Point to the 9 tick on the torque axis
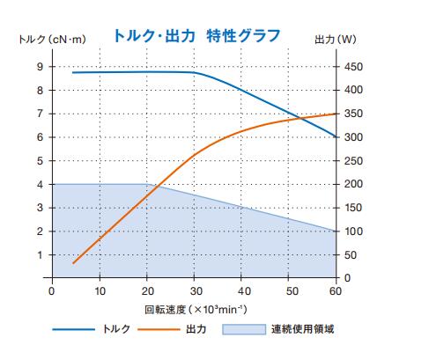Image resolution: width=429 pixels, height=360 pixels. pyautogui.click(x=40, y=67)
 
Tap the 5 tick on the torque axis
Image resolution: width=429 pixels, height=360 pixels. pyautogui.click(x=40, y=161)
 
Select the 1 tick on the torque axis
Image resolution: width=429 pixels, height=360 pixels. pyautogui.click(x=40, y=255)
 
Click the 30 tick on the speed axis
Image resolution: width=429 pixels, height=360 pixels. pyautogui.click(x=194, y=291)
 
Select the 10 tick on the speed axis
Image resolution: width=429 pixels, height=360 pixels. pyautogui.click(x=99, y=291)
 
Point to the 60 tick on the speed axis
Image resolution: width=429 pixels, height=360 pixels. pyautogui.click(x=336, y=291)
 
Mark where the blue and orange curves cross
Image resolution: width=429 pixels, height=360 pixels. pyautogui.click(x=301, y=119)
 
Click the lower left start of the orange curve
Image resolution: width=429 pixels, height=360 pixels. pyautogui.click(x=73, y=263)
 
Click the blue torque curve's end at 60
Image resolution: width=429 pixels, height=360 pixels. pyautogui.click(x=336, y=137)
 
